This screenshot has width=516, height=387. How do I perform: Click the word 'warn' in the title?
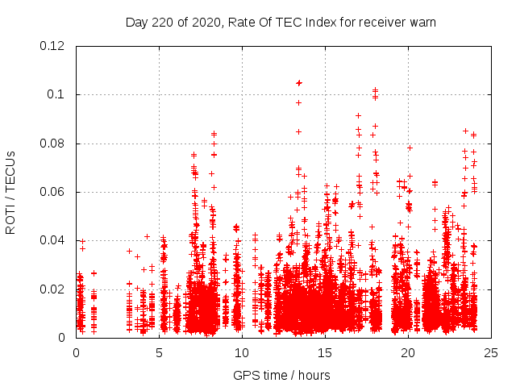pos(421,22)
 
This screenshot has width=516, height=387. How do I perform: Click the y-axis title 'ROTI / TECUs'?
pos(11,192)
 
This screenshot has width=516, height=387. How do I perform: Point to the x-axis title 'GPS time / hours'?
pos(281,375)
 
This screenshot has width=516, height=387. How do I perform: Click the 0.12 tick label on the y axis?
pos(54,46)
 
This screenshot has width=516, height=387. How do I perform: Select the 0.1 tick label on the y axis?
pos(58,94)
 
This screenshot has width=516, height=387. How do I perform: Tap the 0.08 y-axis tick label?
pos(54,144)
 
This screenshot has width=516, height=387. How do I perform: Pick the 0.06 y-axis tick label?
pos(54,192)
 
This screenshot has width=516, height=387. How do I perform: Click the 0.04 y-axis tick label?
pos(54,240)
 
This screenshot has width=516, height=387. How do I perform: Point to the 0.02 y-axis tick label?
pos(54,289)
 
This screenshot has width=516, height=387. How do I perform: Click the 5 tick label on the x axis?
pos(159,352)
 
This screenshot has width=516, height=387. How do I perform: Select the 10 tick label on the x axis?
pos(242,352)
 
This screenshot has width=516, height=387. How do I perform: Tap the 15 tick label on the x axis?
pos(325,352)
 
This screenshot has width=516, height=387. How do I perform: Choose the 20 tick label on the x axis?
pos(408,352)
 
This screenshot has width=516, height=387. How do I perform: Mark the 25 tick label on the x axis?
pos(491,352)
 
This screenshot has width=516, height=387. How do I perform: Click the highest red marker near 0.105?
pos(299,83)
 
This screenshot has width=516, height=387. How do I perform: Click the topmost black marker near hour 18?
pos(375,89)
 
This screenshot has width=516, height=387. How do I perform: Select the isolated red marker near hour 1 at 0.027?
pos(94,273)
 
